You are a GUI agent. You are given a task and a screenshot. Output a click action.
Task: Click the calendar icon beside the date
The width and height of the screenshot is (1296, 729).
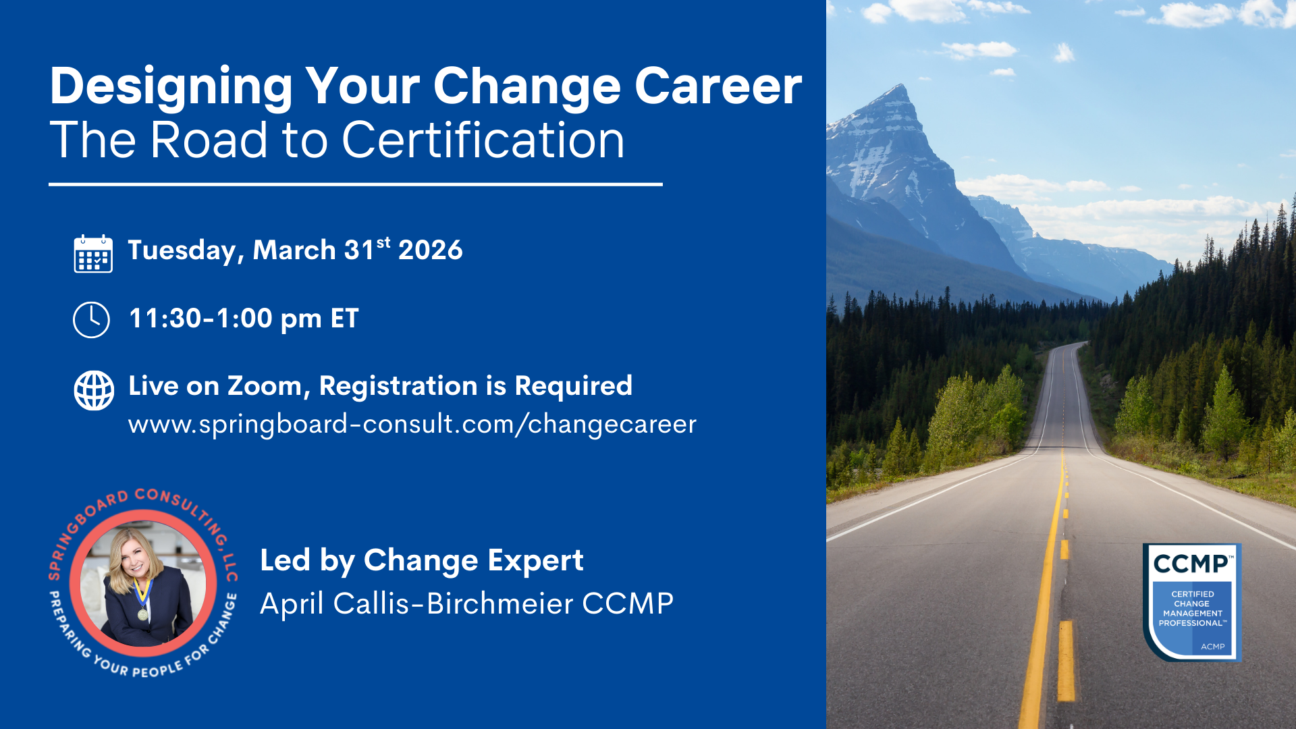(93, 253)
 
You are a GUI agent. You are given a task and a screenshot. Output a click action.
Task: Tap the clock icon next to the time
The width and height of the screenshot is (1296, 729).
(91, 319)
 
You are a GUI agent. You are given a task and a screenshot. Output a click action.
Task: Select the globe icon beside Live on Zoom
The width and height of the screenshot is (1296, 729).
(94, 390)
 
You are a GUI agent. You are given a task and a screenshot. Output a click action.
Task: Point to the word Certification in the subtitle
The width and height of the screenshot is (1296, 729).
(483, 140)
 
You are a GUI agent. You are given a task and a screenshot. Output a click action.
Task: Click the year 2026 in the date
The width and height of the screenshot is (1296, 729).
(431, 250)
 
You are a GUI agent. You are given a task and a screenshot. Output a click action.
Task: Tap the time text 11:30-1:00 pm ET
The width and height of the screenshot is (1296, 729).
(244, 319)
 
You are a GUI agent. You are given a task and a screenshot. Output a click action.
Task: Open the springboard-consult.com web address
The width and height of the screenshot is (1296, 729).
(412, 425)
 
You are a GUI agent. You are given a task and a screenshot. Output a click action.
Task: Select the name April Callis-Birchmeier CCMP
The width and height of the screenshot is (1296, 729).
(467, 603)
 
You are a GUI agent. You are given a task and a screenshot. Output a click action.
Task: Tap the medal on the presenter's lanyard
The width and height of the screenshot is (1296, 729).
(142, 614)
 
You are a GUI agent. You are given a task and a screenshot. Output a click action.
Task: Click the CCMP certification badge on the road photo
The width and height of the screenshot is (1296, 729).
(1192, 602)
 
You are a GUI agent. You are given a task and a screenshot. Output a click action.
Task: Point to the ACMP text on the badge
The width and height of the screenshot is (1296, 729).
(1212, 647)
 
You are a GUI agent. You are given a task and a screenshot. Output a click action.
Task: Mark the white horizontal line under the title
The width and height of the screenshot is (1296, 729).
(356, 184)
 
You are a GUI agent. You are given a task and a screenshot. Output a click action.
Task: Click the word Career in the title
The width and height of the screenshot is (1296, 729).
(718, 86)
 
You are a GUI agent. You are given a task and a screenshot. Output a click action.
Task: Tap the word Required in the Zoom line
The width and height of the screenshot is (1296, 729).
(574, 386)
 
